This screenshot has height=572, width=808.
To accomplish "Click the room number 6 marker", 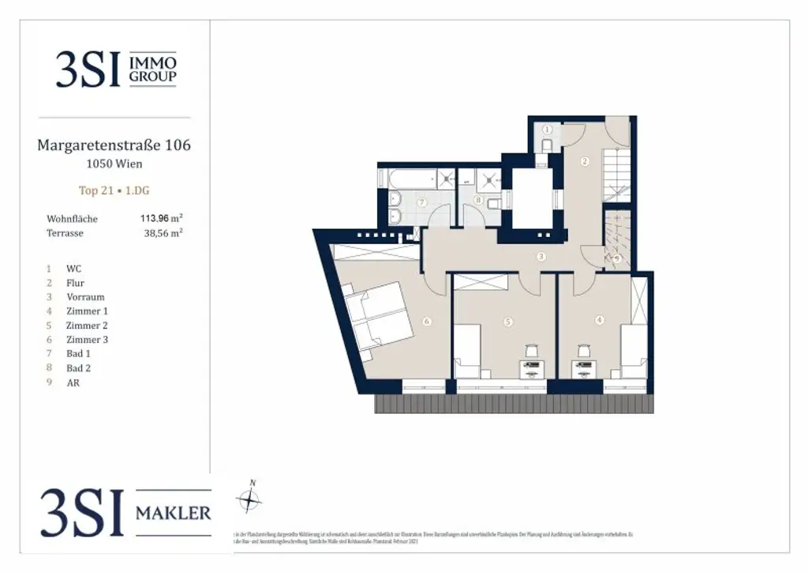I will (427, 321).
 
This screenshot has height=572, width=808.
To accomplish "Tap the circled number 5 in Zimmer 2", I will (508, 321).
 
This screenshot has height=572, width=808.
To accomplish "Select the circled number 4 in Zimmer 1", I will (600, 320).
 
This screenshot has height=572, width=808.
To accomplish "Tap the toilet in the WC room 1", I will (546, 145).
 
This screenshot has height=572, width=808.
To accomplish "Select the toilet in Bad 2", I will (493, 204).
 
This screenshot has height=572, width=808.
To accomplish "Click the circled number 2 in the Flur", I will (585, 162).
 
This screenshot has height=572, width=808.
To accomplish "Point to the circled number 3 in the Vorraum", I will (541, 256).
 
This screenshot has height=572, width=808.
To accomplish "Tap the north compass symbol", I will (250, 499).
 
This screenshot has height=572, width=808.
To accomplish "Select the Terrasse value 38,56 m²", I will (162, 234).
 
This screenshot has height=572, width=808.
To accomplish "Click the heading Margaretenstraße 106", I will (114, 145).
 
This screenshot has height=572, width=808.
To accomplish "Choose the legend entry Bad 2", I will (78, 368).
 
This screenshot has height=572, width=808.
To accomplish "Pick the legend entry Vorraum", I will (85, 297).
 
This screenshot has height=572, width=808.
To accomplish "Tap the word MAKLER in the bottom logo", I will (174, 513).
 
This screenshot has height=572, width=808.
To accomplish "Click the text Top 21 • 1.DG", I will (114, 190).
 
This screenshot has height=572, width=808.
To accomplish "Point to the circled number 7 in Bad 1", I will (422, 203).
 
